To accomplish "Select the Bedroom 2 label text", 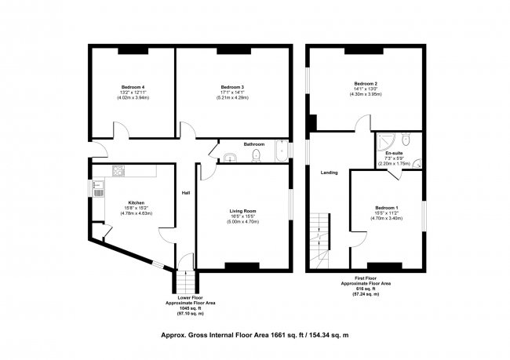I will coord(366,84).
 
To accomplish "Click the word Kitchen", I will coord(127,202).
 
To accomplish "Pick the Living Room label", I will coord(243,211).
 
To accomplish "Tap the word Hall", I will coord(186,193).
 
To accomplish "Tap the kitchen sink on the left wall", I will coord(97,189).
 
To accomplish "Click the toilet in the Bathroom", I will coord(257,158).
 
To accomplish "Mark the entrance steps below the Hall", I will coord(184,280).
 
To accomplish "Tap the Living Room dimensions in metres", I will coord(243,222).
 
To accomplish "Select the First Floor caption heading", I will coord(366,278).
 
